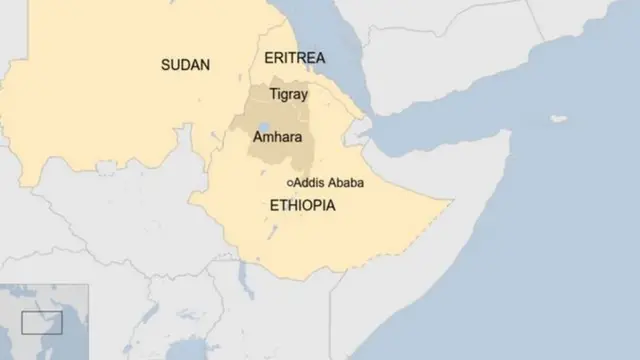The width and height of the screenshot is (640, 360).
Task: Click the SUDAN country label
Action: click(x=185, y=65)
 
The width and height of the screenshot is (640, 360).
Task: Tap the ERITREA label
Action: click(x=294, y=58)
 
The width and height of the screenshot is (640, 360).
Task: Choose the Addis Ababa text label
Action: click(x=329, y=184)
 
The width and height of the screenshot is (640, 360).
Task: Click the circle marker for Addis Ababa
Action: click(x=290, y=184)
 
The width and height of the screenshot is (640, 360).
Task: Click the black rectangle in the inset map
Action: click(x=42, y=323)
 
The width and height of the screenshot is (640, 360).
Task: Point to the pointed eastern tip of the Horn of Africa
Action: click(x=509, y=133)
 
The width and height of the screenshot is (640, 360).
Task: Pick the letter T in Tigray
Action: click(x=274, y=94)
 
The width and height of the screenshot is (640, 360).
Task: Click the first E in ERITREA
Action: click(x=267, y=58)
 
